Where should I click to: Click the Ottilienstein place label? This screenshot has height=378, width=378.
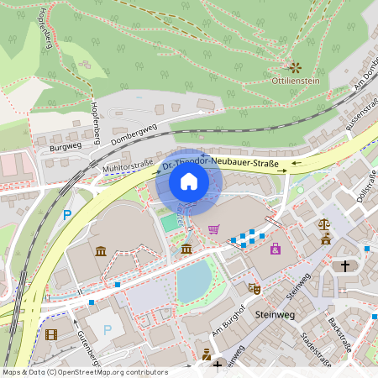click(297, 81)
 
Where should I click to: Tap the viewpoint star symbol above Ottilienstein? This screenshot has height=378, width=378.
click(295, 66)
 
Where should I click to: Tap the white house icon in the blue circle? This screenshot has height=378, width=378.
click(189, 181)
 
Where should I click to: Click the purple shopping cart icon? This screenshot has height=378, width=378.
click(214, 228)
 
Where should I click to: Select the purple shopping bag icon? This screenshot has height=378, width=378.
click(275, 249)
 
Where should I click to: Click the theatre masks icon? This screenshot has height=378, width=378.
click(255, 288)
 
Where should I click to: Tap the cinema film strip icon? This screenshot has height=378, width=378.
click(53, 334)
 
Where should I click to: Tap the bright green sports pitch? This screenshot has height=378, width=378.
click(170, 222)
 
